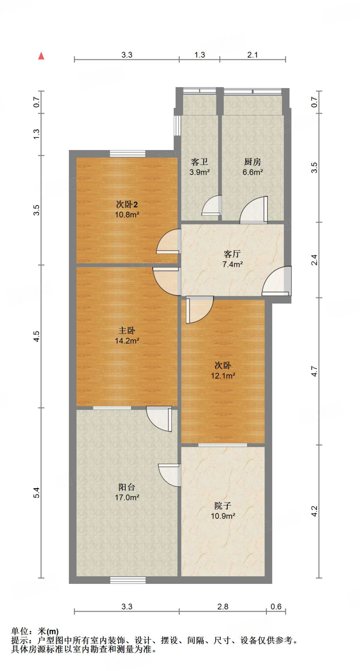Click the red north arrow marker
coord(41,56)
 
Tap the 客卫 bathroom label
coord(199,162)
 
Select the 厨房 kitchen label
coord(252,162)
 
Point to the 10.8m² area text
coord(127,215)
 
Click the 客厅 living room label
coord(232,254)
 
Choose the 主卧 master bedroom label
coord(127,331)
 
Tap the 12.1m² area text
coord(223,376)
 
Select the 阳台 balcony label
coord(127,487)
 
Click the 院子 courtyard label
coord(223,506)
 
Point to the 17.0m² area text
coord(127,497)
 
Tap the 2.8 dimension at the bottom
coord(223,606)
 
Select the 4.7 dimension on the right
coord(314,371)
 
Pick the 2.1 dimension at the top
coord(252,55)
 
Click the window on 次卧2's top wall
coord(128,154)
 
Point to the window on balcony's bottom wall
coord(128,580)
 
